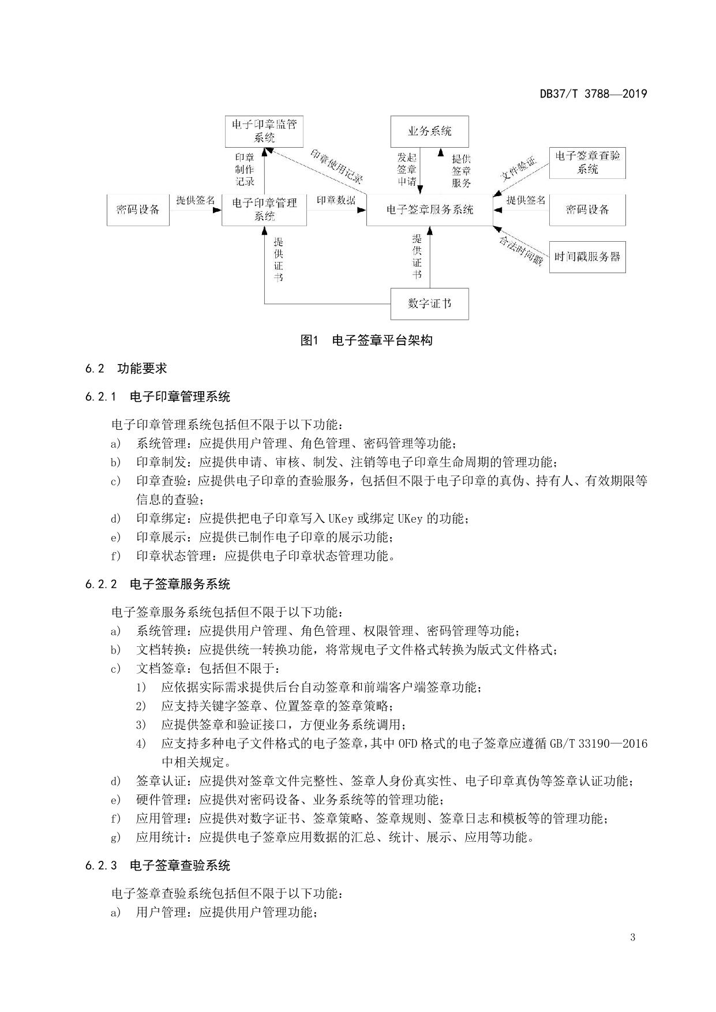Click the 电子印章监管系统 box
click(264, 131)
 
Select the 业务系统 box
click(429, 131)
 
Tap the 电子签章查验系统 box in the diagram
click(587, 162)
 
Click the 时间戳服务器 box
click(587, 257)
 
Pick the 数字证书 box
click(429, 303)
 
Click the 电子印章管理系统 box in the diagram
click(264, 209)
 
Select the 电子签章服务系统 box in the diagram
click(429, 209)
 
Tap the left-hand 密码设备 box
click(138, 209)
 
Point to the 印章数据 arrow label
click(336, 200)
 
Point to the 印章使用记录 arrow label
click(337, 165)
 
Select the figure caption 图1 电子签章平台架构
click(366, 340)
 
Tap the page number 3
click(633, 937)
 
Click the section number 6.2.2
click(101, 584)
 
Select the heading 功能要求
click(142, 368)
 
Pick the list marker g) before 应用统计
click(115, 837)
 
